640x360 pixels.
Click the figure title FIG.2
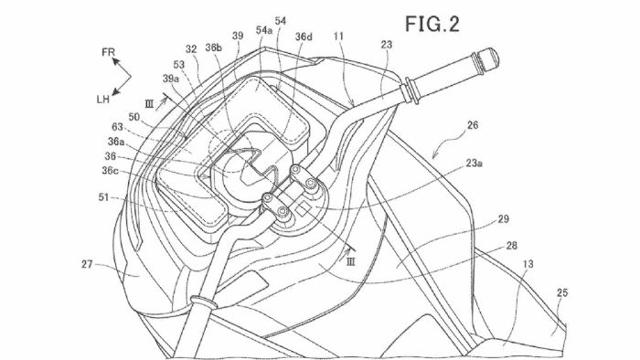click(432, 24)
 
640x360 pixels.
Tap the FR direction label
click(109, 52)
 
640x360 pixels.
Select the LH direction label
click(102, 99)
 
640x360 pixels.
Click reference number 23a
click(475, 163)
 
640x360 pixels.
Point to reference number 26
click(473, 125)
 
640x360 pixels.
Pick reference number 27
click(87, 264)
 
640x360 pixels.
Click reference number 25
click(562, 292)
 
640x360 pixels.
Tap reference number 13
click(528, 264)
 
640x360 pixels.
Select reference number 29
click(503, 219)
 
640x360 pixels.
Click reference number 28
click(511, 246)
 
